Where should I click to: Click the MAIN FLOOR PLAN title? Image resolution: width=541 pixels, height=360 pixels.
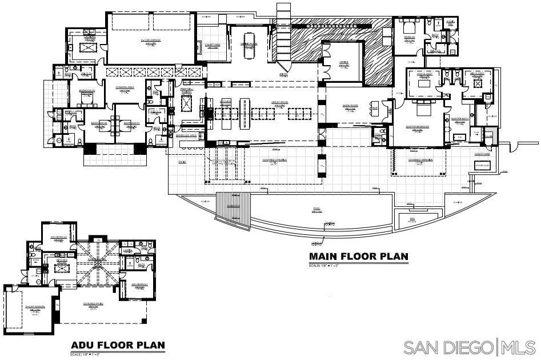pyautogui.click(x=359, y=257)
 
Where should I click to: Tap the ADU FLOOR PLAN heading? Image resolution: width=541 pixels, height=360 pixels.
pyautogui.click(x=118, y=345)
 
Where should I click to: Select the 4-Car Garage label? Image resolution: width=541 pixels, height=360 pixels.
pyautogui.click(x=151, y=41)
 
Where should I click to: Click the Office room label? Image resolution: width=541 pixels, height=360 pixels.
pyautogui.click(x=343, y=62)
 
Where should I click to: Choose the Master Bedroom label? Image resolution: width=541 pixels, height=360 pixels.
pyautogui.click(x=417, y=126)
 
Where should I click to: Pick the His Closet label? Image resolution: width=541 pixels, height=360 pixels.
pyautogui.click(x=477, y=74)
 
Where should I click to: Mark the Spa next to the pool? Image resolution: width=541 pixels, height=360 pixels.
pyautogui.click(x=412, y=218)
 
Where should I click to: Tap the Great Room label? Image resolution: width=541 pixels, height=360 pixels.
pyautogui.click(x=279, y=104)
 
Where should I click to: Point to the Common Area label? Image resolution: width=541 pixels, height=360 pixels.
pyautogui.click(x=125, y=87)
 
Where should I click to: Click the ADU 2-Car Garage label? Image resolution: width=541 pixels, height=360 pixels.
pyautogui.click(x=35, y=307)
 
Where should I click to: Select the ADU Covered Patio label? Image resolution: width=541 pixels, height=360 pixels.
pyautogui.click(x=93, y=304)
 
